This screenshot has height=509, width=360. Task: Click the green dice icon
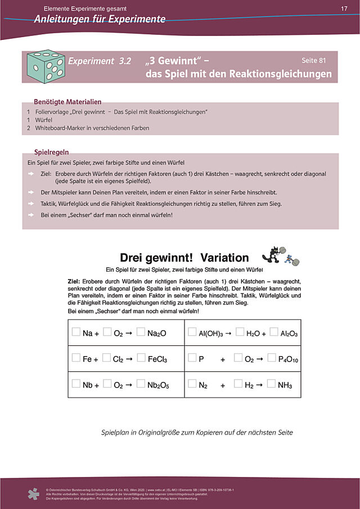pos(46,67)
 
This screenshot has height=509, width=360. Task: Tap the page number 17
pos(344,8)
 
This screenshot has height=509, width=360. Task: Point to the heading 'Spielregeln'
pos(51,152)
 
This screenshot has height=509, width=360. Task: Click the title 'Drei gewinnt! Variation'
pos(184,258)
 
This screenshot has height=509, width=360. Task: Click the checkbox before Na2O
pos(141,332)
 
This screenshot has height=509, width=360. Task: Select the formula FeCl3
pos(157,359)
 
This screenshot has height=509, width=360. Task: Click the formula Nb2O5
pos(159,385)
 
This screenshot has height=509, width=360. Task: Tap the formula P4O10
pos(288,359)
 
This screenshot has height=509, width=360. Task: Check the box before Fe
pos(76,358)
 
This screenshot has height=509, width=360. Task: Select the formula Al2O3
pos(289,334)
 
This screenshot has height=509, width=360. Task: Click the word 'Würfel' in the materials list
pos(44,120)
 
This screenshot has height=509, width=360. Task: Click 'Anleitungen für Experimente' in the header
pos(100,19)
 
